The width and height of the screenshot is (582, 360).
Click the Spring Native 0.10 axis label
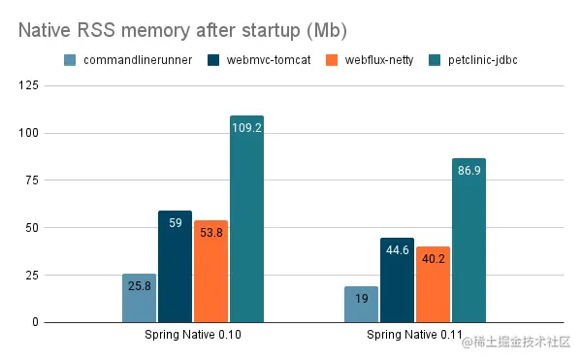193,336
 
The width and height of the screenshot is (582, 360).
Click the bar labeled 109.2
246,218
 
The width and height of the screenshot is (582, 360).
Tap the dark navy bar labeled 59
176,266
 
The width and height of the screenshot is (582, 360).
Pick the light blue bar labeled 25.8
140,298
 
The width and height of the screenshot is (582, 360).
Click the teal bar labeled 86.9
469,240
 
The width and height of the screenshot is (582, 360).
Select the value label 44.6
398,249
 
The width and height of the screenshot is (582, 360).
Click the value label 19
362,300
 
